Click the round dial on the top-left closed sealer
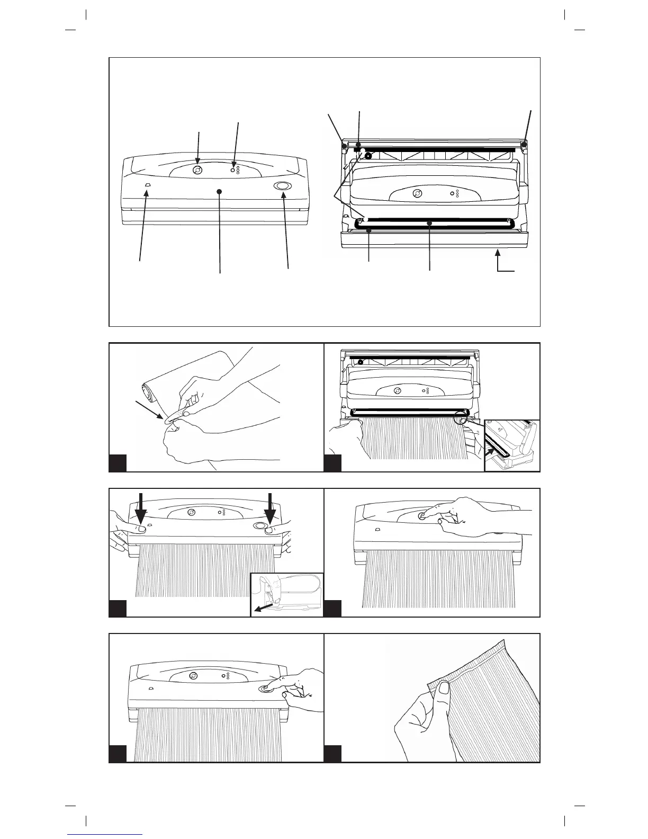[x=197, y=170]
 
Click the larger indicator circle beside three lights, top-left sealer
[x=232, y=170]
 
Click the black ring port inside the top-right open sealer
[x=367, y=157]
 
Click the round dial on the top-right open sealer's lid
[x=417, y=193]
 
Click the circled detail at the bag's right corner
[x=461, y=417]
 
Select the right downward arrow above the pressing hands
[x=271, y=510]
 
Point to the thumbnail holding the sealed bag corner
[x=443, y=688]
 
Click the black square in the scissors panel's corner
[x=118, y=462]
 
